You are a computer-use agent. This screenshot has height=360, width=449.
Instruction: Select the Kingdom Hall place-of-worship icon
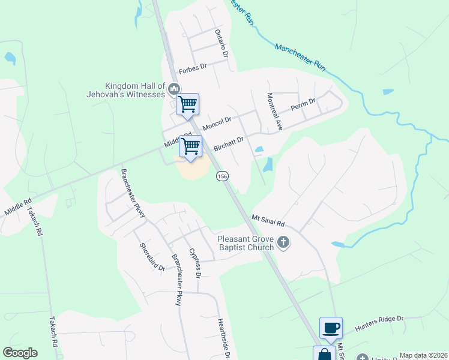(174, 90)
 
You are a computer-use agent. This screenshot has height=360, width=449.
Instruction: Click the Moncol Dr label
(217, 124)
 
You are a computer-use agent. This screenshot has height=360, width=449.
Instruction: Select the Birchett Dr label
(229, 144)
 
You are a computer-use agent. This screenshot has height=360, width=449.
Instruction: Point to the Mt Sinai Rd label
(268, 220)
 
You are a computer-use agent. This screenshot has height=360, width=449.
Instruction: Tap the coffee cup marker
(331, 328)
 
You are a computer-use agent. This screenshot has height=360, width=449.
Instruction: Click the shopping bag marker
(324, 354)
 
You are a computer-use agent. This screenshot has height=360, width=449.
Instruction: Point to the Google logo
(20, 353)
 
